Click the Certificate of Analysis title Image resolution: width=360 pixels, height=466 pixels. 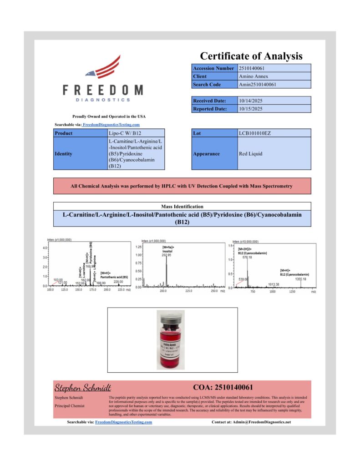coord(251,56)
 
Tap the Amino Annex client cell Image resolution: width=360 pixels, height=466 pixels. coord(253,76)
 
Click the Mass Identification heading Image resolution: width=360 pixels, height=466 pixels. coord(182,206)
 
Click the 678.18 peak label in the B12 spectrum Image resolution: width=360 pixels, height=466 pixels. coord(248,257)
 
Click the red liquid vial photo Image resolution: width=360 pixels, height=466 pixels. coord(171,339)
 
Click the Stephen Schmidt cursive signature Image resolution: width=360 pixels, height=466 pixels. coord(83,388)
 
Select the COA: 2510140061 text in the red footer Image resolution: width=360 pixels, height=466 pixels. coord(223,388)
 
